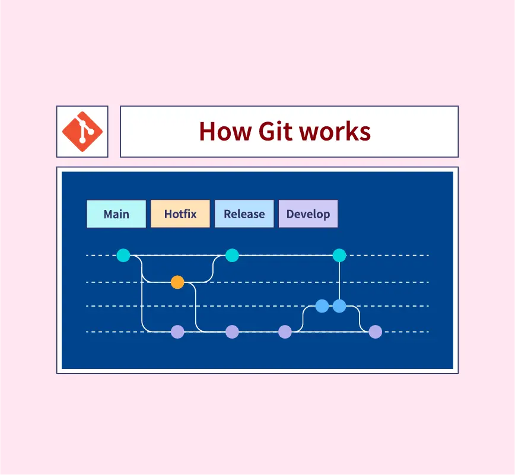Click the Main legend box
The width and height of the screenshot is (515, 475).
coord(116,214)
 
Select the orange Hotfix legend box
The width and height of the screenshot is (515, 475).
coord(180,214)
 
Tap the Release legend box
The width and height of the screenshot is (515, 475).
coord(244,214)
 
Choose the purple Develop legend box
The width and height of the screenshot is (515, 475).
coord(308,214)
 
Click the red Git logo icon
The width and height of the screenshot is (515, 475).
coord(82,131)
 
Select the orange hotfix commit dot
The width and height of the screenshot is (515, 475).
coord(177,282)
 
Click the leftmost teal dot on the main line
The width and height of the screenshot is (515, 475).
coord(123,256)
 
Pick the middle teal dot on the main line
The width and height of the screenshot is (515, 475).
coord(232,256)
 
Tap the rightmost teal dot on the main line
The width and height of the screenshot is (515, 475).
coord(339,256)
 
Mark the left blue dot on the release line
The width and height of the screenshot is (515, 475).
coord(322,306)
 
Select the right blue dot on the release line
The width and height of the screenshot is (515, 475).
coord(339,306)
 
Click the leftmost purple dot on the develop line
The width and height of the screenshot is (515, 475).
coord(177,331)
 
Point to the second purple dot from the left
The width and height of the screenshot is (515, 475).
coord(232,331)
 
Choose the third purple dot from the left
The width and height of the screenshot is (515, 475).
coord(285,331)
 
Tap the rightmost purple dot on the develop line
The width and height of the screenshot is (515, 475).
coord(375,331)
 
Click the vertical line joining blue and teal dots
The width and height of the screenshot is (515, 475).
coord(339,280)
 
